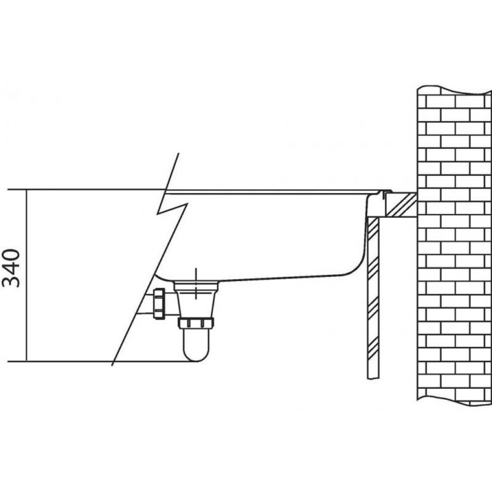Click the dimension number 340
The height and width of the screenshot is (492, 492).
[11, 268]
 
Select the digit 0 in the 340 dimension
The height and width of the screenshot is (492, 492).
[11, 255]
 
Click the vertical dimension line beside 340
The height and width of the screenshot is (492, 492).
[26, 276]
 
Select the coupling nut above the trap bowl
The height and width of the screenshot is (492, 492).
[196, 323]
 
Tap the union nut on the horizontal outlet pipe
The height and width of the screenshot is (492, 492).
[159, 304]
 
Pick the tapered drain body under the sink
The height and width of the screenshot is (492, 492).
[196, 300]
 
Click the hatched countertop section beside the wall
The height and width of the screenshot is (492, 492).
[402, 204]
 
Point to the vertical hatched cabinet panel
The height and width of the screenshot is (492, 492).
[373, 298]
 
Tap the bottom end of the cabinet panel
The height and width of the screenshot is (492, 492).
[373, 379]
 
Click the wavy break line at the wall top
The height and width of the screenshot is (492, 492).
[454, 89]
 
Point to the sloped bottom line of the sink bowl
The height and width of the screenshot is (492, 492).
[282, 278]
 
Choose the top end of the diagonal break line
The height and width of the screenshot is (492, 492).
[178, 154]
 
